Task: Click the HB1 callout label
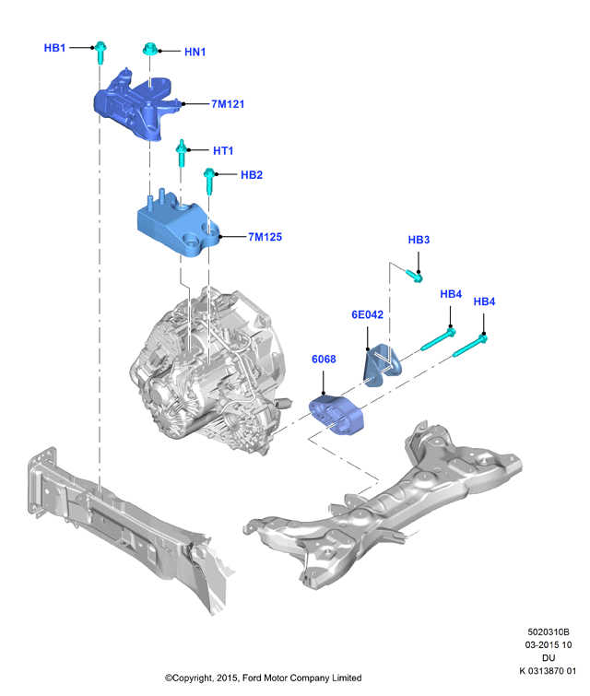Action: coord(54,48)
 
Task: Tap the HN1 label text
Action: coord(195,52)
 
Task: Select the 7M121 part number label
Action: coord(228,104)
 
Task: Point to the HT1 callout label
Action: coord(223,150)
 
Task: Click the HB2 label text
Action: coord(252,175)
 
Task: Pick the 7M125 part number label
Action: coord(265,237)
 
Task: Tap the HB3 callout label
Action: coord(419,240)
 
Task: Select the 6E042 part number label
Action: coord(367,314)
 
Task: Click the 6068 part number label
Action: coord(324,360)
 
